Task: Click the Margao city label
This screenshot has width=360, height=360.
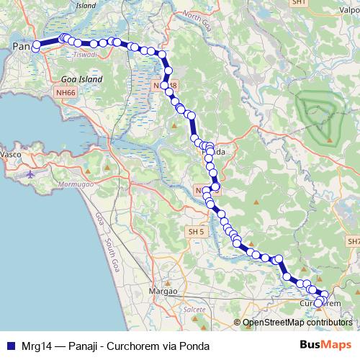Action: coord(162,291)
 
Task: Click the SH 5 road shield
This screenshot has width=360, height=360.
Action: coord(196,232)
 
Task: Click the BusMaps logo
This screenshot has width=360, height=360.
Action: coord(325,345)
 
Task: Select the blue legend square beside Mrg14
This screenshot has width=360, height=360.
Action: coord(9,346)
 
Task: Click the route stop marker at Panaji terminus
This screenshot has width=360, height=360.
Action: coord(36,45)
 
